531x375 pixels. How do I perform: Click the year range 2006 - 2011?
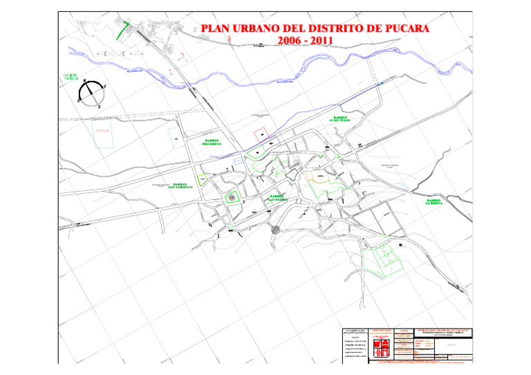pyautogui.click(x=305, y=41)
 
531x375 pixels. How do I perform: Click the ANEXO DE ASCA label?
pyautogui.click(x=111, y=53)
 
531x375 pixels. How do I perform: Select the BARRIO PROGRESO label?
pyautogui.click(x=212, y=142)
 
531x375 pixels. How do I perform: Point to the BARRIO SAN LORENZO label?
pyautogui.click(x=173, y=186)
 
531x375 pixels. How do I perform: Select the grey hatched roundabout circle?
pyautogui.click(x=275, y=230)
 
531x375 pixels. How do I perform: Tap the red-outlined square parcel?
pyautogui.click(x=260, y=134)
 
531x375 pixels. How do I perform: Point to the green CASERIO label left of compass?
pyautogui.click(x=71, y=77)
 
